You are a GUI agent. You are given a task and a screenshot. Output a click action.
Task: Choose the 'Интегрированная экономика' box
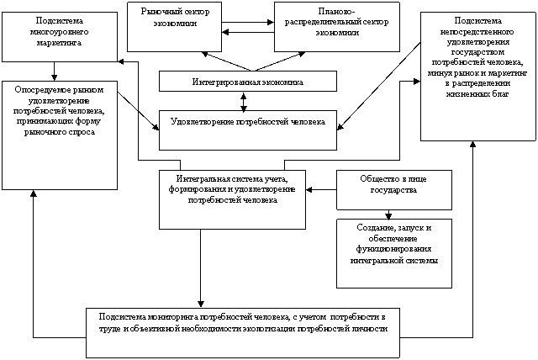247,82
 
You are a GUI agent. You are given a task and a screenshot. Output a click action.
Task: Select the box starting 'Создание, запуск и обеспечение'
393,244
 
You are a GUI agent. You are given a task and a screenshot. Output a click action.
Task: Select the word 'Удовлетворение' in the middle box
203,122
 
